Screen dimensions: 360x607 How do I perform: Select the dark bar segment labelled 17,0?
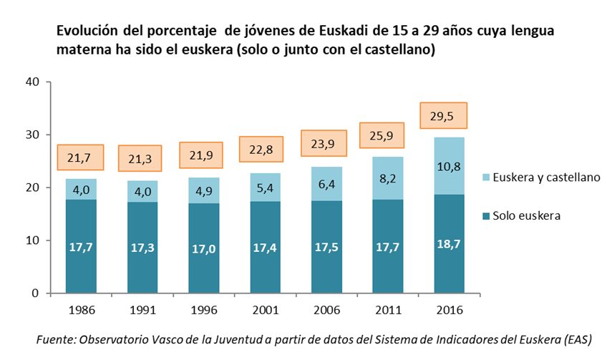(x=203, y=248)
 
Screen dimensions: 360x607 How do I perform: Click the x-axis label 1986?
(x=80, y=311)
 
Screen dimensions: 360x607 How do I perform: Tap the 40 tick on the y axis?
(x=31, y=82)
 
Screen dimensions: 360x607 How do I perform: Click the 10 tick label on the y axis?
(x=31, y=240)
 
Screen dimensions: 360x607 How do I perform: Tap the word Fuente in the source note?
(x=55, y=340)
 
